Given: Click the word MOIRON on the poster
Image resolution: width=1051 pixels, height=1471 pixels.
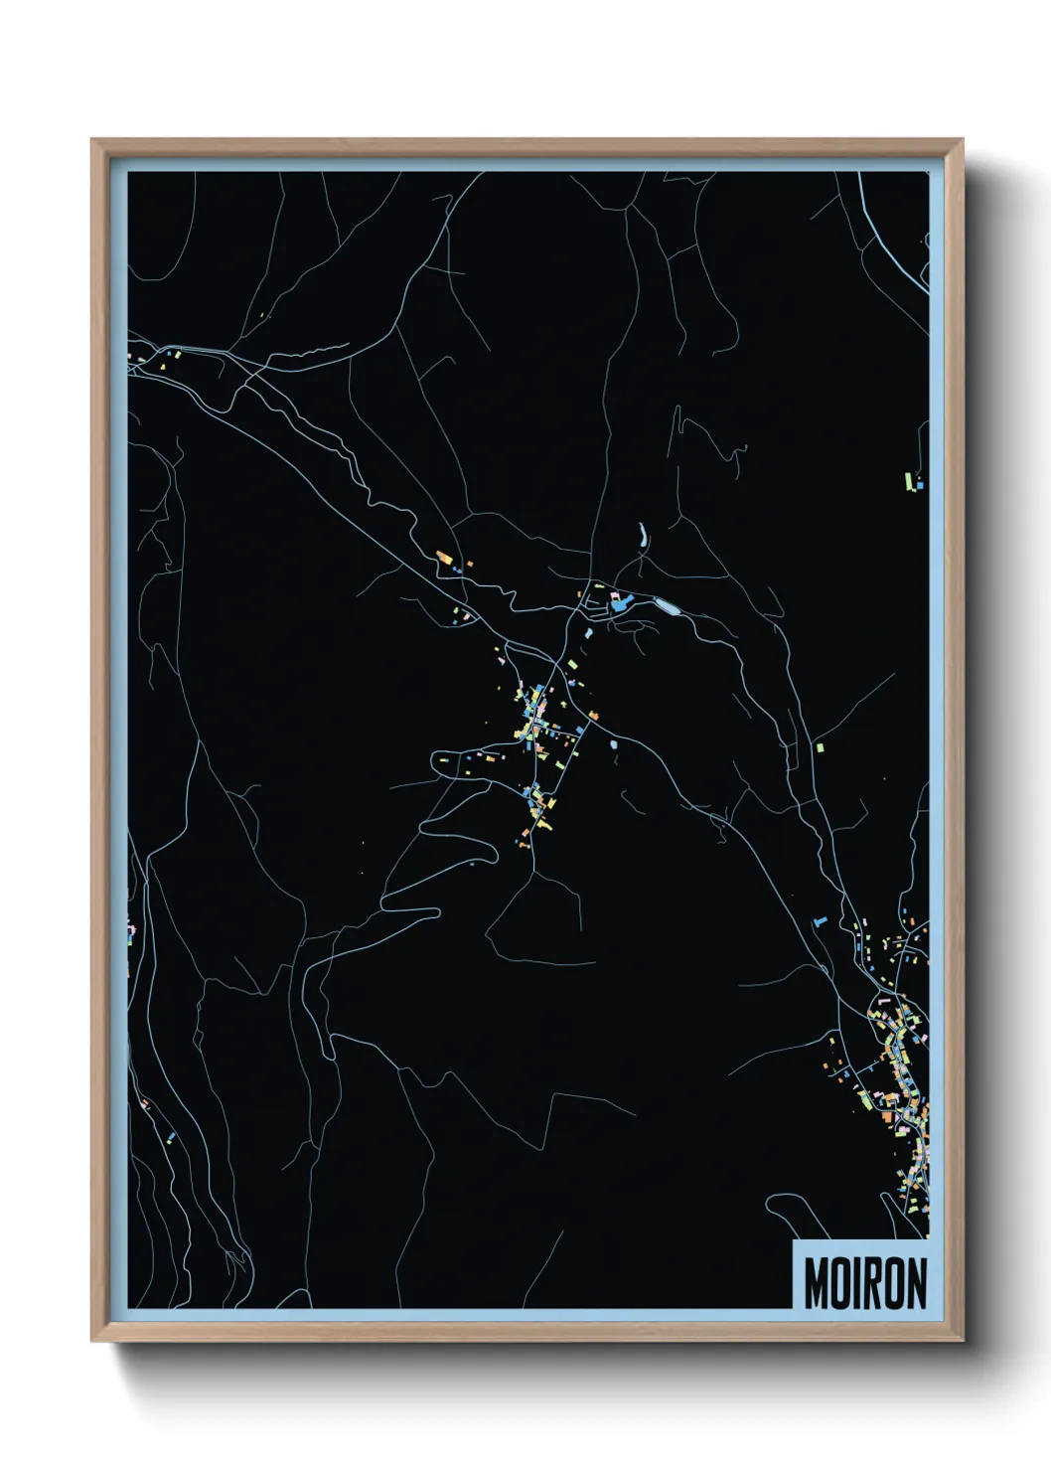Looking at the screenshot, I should [x=864, y=1283].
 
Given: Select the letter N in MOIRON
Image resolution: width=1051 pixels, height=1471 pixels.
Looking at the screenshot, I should [x=915, y=1283].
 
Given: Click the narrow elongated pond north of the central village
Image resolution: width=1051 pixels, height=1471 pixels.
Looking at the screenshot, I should [x=643, y=537].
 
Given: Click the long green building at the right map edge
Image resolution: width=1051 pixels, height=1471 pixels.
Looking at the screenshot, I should [x=908, y=481].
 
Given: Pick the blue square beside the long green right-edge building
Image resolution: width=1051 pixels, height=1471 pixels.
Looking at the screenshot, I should [x=919, y=485].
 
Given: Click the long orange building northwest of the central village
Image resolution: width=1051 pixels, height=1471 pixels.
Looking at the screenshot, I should [x=444, y=558].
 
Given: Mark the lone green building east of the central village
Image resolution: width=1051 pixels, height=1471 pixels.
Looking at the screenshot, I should [x=820, y=745].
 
